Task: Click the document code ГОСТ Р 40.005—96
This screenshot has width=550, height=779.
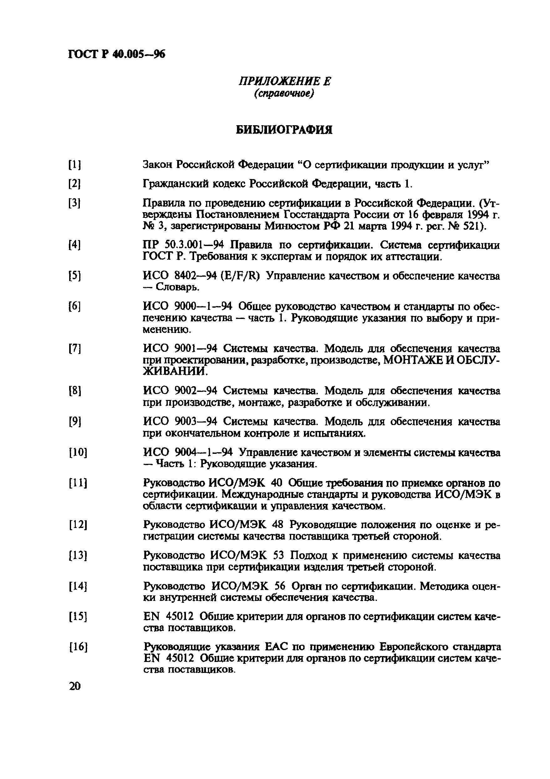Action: click(x=117, y=54)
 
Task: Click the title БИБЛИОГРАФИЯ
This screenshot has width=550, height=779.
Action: click(x=284, y=130)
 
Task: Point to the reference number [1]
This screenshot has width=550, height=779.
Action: click(x=75, y=165)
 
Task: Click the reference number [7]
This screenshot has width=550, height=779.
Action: click(x=75, y=348)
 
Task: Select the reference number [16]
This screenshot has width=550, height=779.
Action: click(x=78, y=647)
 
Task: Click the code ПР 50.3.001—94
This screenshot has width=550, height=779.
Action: click(x=186, y=245)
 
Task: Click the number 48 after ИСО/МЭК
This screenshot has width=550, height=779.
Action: click(x=278, y=525)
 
